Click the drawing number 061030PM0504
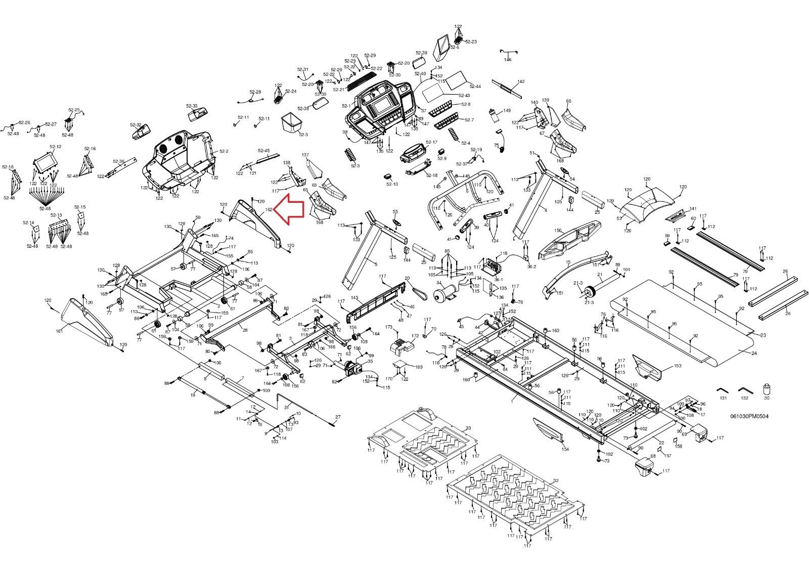749,417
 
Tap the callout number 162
269,209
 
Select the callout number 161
59,331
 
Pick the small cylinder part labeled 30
767,390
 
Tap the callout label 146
508,60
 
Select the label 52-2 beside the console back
224,152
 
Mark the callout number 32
556,480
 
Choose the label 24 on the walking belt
754,353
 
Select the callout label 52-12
56,147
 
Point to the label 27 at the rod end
338,416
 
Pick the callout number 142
521,81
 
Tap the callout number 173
388,328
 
